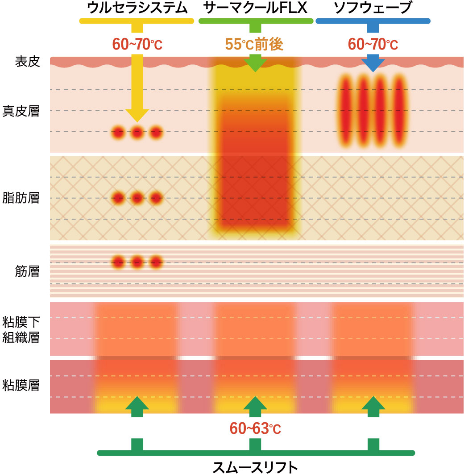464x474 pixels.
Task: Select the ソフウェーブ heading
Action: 373,8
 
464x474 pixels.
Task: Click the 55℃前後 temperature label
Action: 255,44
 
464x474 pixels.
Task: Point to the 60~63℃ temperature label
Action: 255,428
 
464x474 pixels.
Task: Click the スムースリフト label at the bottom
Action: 255,466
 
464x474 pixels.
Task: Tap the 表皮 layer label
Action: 28,62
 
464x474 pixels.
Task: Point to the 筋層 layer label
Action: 28,270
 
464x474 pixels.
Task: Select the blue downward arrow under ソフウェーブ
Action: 373,63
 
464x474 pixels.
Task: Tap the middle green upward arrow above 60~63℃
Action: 255,405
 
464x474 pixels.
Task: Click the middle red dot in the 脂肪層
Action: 137,197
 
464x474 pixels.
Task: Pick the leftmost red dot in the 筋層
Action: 118,262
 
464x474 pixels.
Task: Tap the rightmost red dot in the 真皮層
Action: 156,132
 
